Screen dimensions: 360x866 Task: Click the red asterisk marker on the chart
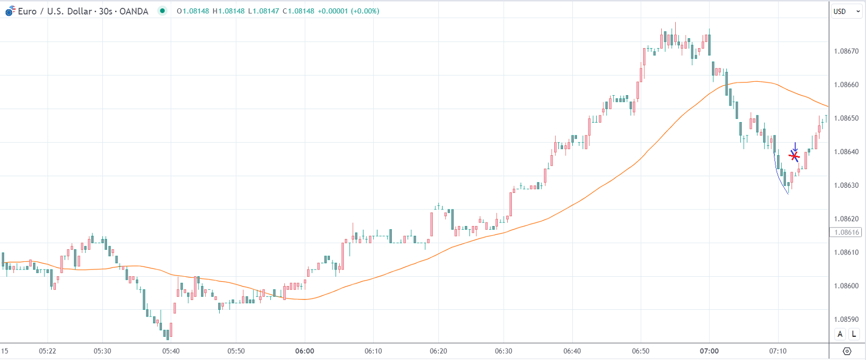795,156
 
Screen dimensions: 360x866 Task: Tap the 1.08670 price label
846,51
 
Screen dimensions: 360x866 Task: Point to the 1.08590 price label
846,319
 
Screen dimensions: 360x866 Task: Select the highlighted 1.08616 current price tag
846,232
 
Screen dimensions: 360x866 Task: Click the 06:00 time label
305,351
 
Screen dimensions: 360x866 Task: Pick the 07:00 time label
709,351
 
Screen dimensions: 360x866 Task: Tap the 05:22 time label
48,351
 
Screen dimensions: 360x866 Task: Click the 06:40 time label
572,351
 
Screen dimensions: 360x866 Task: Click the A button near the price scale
840,334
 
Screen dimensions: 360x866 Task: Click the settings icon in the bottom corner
847,351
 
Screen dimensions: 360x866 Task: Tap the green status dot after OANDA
162,11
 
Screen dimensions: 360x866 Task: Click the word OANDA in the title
134,11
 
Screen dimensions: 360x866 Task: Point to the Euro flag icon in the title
10,11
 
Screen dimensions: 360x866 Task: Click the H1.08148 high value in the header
229,11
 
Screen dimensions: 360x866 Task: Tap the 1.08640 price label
846,152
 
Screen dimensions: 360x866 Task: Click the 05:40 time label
171,351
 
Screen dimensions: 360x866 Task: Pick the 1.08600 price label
846,286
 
